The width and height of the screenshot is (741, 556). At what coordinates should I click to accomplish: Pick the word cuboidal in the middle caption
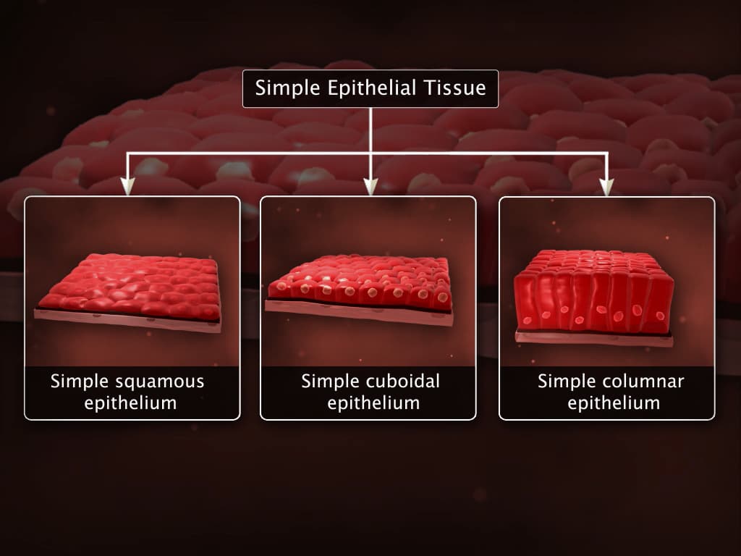[x=402, y=382]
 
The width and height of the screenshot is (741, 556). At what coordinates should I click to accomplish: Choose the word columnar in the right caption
[x=647, y=382]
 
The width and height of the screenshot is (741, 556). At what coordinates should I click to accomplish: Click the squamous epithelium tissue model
[x=130, y=286]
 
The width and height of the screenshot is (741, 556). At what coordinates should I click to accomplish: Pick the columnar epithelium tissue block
[x=593, y=290]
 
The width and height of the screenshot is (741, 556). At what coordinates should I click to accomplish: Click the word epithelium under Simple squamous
[x=130, y=403]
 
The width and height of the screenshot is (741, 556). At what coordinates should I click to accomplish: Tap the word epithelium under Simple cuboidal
[x=373, y=403]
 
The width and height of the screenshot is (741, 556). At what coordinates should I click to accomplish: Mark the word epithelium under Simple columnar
[x=614, y=403]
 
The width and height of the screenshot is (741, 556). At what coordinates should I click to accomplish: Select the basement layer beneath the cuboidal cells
[x=358, y=312]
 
